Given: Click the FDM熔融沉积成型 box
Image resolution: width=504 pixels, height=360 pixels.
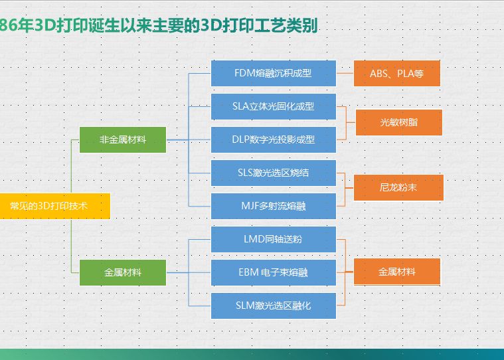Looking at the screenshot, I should pos(273,73).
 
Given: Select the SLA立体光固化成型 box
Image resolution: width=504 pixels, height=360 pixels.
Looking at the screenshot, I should pos(273,106).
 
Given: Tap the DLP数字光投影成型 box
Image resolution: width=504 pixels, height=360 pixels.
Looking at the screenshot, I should pos(273,139).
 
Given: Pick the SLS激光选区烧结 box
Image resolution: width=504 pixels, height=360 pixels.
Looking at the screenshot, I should pos(273,173).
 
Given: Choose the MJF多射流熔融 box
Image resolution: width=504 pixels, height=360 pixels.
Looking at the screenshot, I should pos(273,206).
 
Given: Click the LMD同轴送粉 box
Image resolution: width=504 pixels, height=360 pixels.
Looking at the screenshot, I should pos(273,239).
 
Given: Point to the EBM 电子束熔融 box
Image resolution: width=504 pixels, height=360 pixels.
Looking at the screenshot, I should pos(273,272).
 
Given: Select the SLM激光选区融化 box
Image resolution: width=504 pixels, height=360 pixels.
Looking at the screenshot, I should pos(273,306).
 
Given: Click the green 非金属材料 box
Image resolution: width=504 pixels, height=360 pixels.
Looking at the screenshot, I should pos(122,139).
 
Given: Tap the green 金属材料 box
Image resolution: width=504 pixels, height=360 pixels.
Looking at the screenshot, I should pos(122,272).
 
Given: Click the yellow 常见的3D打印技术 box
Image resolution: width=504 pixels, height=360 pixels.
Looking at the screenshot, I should pos(53,206).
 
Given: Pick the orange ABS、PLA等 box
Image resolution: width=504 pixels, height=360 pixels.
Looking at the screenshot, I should pos(396,73).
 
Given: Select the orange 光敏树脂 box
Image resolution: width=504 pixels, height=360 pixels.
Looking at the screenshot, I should pos(398,122).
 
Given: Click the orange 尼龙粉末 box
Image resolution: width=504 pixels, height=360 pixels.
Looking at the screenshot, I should pos(398,187).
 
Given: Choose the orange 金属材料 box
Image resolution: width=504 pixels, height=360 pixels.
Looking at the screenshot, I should pos(397,272).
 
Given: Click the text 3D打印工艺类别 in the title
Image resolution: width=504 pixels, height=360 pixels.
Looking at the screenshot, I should pos(259,26).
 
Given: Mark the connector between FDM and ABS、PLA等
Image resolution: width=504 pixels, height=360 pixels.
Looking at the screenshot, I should pos(345,73).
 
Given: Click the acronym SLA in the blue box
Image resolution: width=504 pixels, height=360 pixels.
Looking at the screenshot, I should pos(240,106).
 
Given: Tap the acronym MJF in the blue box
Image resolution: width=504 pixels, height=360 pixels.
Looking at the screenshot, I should pos(250,206).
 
